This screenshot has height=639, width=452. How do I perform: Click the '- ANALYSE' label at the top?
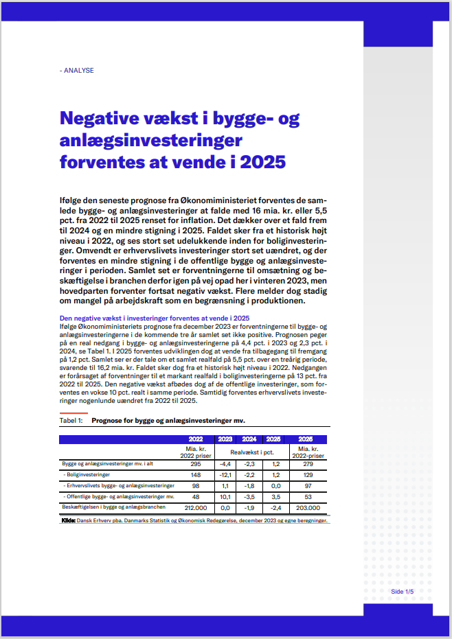77,71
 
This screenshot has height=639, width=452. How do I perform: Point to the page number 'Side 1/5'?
403,591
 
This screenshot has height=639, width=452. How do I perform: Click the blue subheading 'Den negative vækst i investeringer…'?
155,318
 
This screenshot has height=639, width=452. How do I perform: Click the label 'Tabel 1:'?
71,420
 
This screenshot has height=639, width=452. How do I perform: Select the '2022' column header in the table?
196,439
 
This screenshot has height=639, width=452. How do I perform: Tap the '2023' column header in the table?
225,439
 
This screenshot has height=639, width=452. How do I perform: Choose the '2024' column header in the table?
249,439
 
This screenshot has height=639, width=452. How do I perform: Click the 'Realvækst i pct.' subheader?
249,452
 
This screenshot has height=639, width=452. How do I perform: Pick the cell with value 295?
196,465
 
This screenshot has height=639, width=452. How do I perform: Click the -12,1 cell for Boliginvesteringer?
225,475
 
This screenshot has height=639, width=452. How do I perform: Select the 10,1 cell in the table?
225,496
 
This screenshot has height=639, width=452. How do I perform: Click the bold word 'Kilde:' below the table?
68,521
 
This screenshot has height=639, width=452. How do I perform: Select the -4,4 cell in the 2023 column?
225,465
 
